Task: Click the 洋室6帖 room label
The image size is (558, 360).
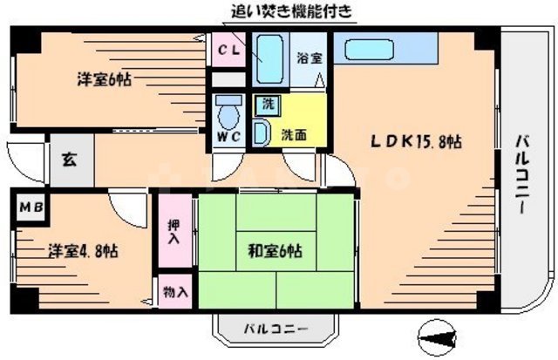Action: [x=104, y=79]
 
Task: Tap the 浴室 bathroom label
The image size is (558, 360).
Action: [x=310, y=58]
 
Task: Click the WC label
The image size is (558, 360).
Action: [x=228, y=138]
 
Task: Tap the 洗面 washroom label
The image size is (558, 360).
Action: [x=294, y=135]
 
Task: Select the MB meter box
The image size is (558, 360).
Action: [x=30, y=209]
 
